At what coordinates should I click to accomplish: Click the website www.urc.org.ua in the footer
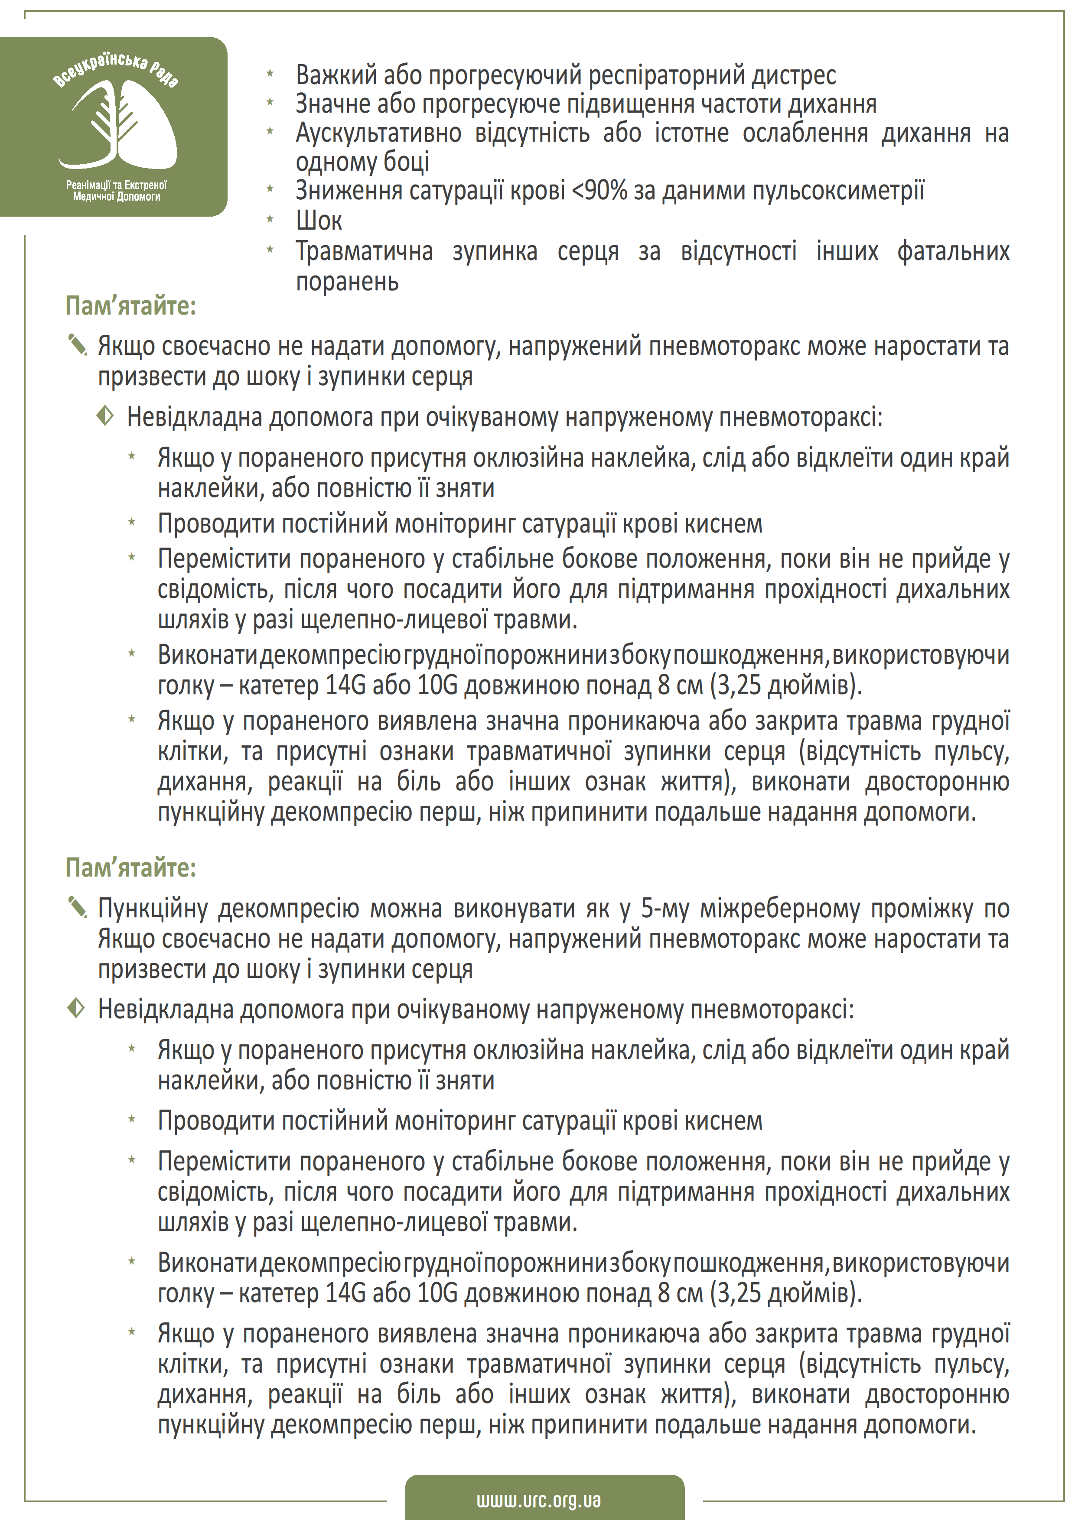coord(538,1500)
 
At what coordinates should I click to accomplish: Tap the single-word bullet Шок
coord(319,221)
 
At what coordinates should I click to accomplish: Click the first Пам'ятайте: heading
coord(130,306)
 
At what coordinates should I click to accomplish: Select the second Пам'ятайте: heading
coord(130,867)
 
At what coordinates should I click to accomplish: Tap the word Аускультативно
coord(378,133)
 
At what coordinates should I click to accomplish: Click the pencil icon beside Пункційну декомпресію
coord(78,907)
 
